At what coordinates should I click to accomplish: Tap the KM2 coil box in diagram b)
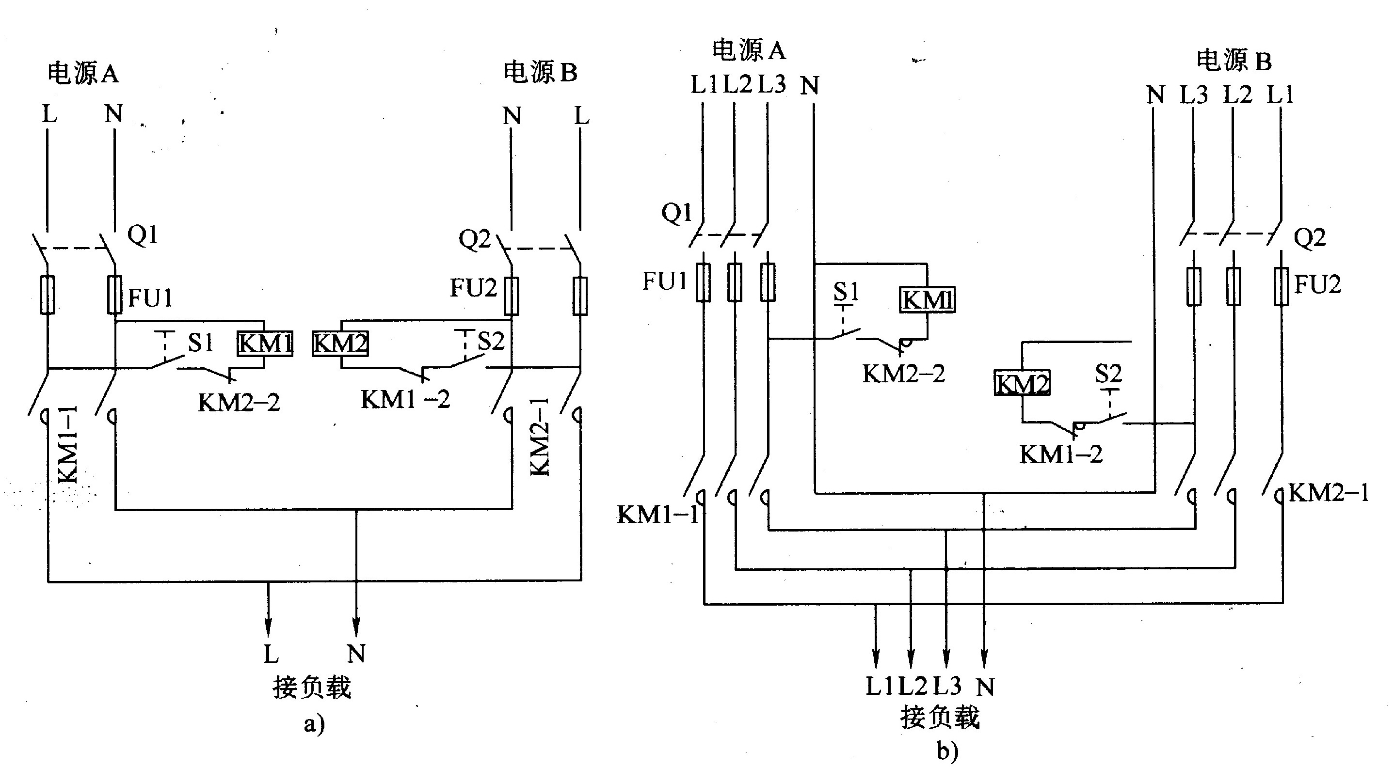[1022, 383]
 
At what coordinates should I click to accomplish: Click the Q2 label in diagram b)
[1310, 238]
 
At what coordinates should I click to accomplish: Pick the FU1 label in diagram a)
[150, 298]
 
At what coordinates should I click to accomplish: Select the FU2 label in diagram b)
[1318, 284]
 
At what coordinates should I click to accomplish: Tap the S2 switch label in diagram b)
[1108, 374]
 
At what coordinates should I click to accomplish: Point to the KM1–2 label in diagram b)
[1061, 455]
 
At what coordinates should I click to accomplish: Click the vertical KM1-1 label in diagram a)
[69, 445]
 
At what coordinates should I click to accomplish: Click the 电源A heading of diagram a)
[83, 73]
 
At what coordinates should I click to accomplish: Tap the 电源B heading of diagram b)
[1234, 61]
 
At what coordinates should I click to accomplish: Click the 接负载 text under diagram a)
[312, 688]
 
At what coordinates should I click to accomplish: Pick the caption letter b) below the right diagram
[947, 751]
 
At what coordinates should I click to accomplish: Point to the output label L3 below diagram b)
[947, 686]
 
